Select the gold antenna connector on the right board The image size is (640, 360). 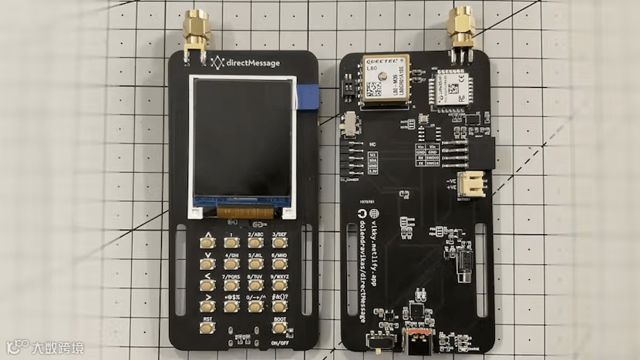[x=463, y=29]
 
